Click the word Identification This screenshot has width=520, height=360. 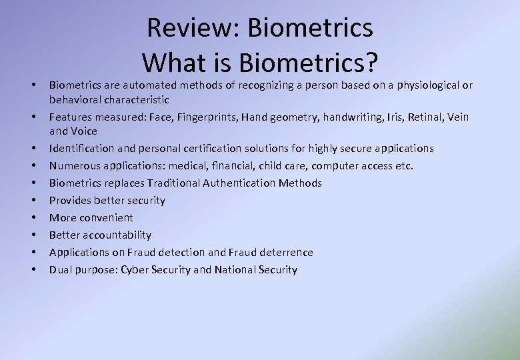click(82, 148)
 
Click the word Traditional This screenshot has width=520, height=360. click(174, 183)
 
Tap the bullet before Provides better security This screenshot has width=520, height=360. click(33, 200)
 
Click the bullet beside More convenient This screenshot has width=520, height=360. click(33, 217)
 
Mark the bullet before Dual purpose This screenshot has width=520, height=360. click(33, 269)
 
